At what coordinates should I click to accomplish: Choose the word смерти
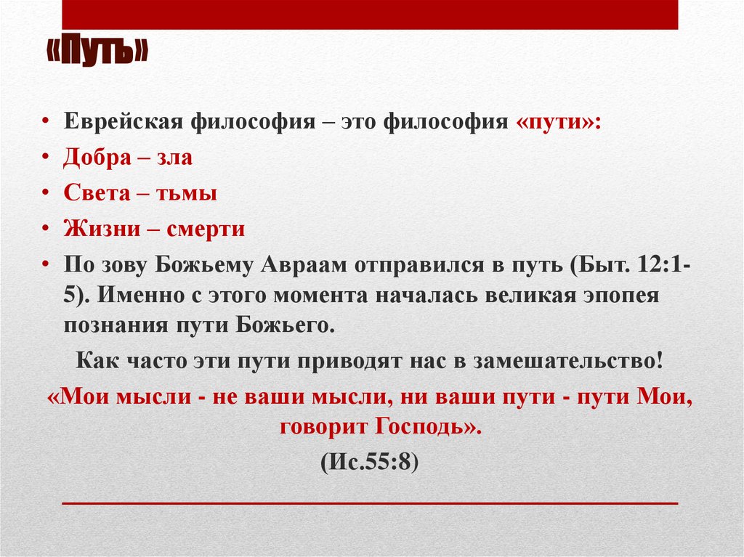pos(206,229)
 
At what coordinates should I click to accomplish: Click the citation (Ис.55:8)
pos(370,463)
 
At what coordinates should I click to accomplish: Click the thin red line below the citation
pos(370,503)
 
